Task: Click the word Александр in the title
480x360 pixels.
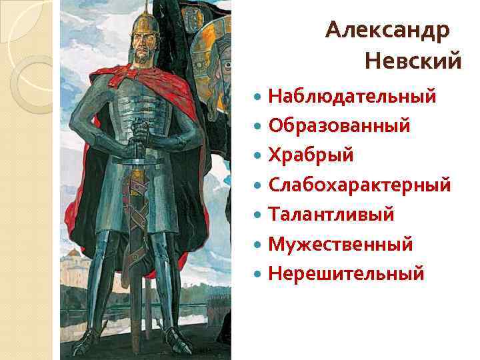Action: (x=388, y=31)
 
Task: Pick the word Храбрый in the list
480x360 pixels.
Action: (x=311, y=155)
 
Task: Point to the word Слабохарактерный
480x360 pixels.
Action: (x=359, y=185)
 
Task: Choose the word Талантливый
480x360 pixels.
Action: (x=331, y=214)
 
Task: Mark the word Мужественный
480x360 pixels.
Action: (x=340, y=244)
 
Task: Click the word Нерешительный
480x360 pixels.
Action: (x=345, y=273)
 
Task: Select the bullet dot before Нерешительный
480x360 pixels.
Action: (x=259, y=273)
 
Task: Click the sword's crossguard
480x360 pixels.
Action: (x=138, y=161)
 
